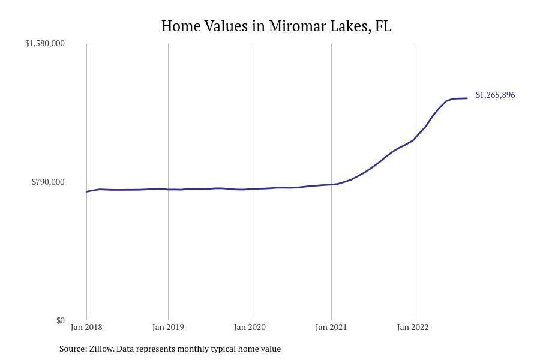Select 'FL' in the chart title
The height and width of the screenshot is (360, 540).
tap(383, 26)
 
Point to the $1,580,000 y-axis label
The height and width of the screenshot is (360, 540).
tap(45, 43)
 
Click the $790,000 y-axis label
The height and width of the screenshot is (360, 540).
tap(48, 182)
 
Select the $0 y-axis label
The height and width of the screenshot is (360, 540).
tap(60, 320)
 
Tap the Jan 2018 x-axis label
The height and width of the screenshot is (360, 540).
tap(86, 327)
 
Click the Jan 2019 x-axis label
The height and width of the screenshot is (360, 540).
tap(168, 327)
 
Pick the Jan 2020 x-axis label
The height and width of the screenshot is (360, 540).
tap(250, 327)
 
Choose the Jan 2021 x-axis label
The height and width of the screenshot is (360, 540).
tap(331, 327)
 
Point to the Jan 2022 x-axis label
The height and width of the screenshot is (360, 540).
tap(413, 327)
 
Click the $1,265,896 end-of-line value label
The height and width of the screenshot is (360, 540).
tap(495, 95)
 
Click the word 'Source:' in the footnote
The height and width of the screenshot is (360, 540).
tap(73, 349)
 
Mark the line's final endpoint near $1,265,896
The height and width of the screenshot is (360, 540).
tap(467, 98)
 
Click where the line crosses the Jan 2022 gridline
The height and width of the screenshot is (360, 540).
tap(413, 140)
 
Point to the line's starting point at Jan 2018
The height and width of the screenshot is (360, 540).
tap(86, 191)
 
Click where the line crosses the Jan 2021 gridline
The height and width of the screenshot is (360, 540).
tap(331, 184)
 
